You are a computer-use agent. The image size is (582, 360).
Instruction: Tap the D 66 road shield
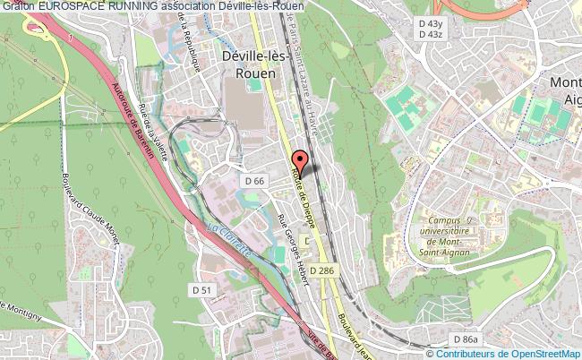[x=253, y=182]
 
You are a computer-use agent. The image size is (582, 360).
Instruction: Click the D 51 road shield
[x=201, y=289]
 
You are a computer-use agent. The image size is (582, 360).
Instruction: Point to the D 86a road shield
[x=466, y=339]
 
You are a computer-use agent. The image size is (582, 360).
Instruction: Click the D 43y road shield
[x=430, y=22]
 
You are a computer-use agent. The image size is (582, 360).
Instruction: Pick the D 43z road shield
[x=430, y=34]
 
